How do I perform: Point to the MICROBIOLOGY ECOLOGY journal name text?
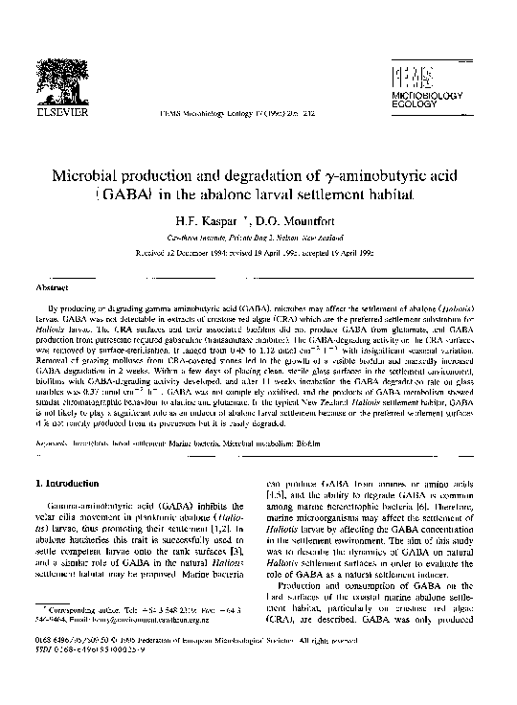pos(419,102)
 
